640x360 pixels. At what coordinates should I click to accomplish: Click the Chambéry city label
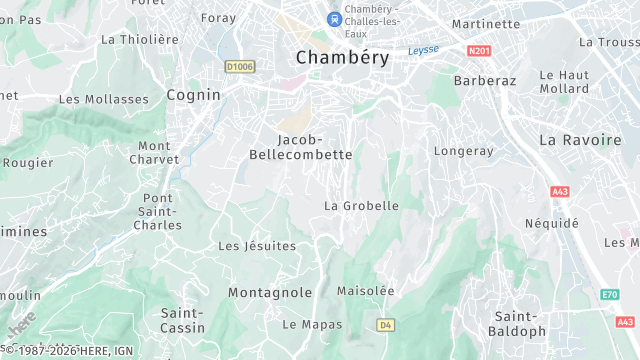[342, 58]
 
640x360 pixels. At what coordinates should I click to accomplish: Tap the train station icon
[333, 19]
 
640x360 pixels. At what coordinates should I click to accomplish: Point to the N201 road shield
[479, 49]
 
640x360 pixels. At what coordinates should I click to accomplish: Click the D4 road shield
[386, 325]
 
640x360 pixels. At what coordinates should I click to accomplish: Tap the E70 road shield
[609, 295]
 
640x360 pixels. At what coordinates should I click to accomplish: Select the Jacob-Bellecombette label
[300, 147]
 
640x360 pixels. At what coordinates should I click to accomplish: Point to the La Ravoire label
[579, 140]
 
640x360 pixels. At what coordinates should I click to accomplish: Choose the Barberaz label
[482, 80]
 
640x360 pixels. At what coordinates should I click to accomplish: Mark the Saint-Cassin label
[183, 320]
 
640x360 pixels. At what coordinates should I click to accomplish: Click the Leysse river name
[423, 50]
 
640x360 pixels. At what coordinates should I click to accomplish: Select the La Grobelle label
[361, 206]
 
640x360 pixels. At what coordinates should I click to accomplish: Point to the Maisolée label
[366, 291]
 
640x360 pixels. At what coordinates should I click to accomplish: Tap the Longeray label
[464, 151]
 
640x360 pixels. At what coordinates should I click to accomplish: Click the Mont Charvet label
[154, 152]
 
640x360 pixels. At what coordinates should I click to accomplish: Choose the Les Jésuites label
[257, 246]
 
